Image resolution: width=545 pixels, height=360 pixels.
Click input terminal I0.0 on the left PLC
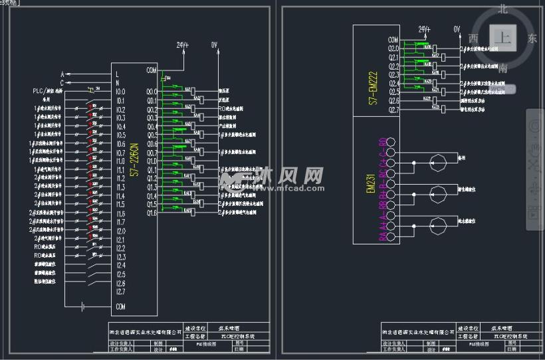(121, 92)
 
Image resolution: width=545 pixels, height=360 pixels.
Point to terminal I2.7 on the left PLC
(121, 292)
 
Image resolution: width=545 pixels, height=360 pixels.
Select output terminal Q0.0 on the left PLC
(152, 92)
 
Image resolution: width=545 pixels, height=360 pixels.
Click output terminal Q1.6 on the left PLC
(152, 213)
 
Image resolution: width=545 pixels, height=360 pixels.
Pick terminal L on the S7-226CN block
(118, 74)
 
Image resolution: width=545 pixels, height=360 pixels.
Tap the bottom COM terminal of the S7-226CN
(121, 307)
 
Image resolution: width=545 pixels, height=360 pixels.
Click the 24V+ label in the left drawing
(182, 45)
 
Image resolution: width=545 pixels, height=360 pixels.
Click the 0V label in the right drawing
(457, 30)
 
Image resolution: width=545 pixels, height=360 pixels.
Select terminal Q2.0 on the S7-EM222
(393, 48)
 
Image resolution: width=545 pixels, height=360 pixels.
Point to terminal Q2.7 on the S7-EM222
(393, 110)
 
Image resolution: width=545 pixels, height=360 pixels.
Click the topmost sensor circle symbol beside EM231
(436, 159)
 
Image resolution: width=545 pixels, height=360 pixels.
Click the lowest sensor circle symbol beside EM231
(436, 220)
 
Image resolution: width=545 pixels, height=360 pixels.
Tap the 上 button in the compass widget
(504, 38)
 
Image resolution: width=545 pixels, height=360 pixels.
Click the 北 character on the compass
(504, 9)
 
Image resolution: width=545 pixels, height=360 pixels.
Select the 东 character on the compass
(532, 39)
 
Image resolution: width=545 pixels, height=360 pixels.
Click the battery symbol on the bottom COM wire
(83, 307)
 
